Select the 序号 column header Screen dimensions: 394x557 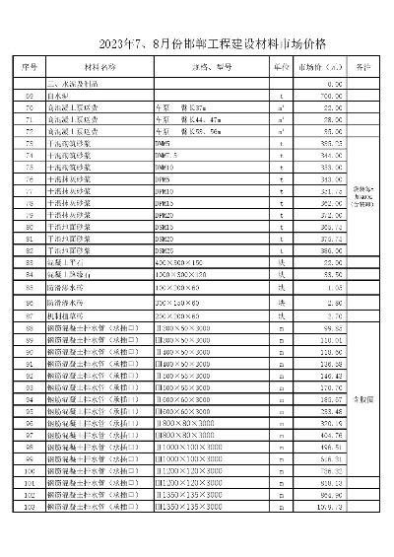point(30,67)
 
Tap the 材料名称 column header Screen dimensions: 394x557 point(98,67)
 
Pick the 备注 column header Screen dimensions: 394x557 point(363,67)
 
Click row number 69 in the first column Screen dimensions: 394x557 point(30,96)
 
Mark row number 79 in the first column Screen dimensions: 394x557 point(30,215)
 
